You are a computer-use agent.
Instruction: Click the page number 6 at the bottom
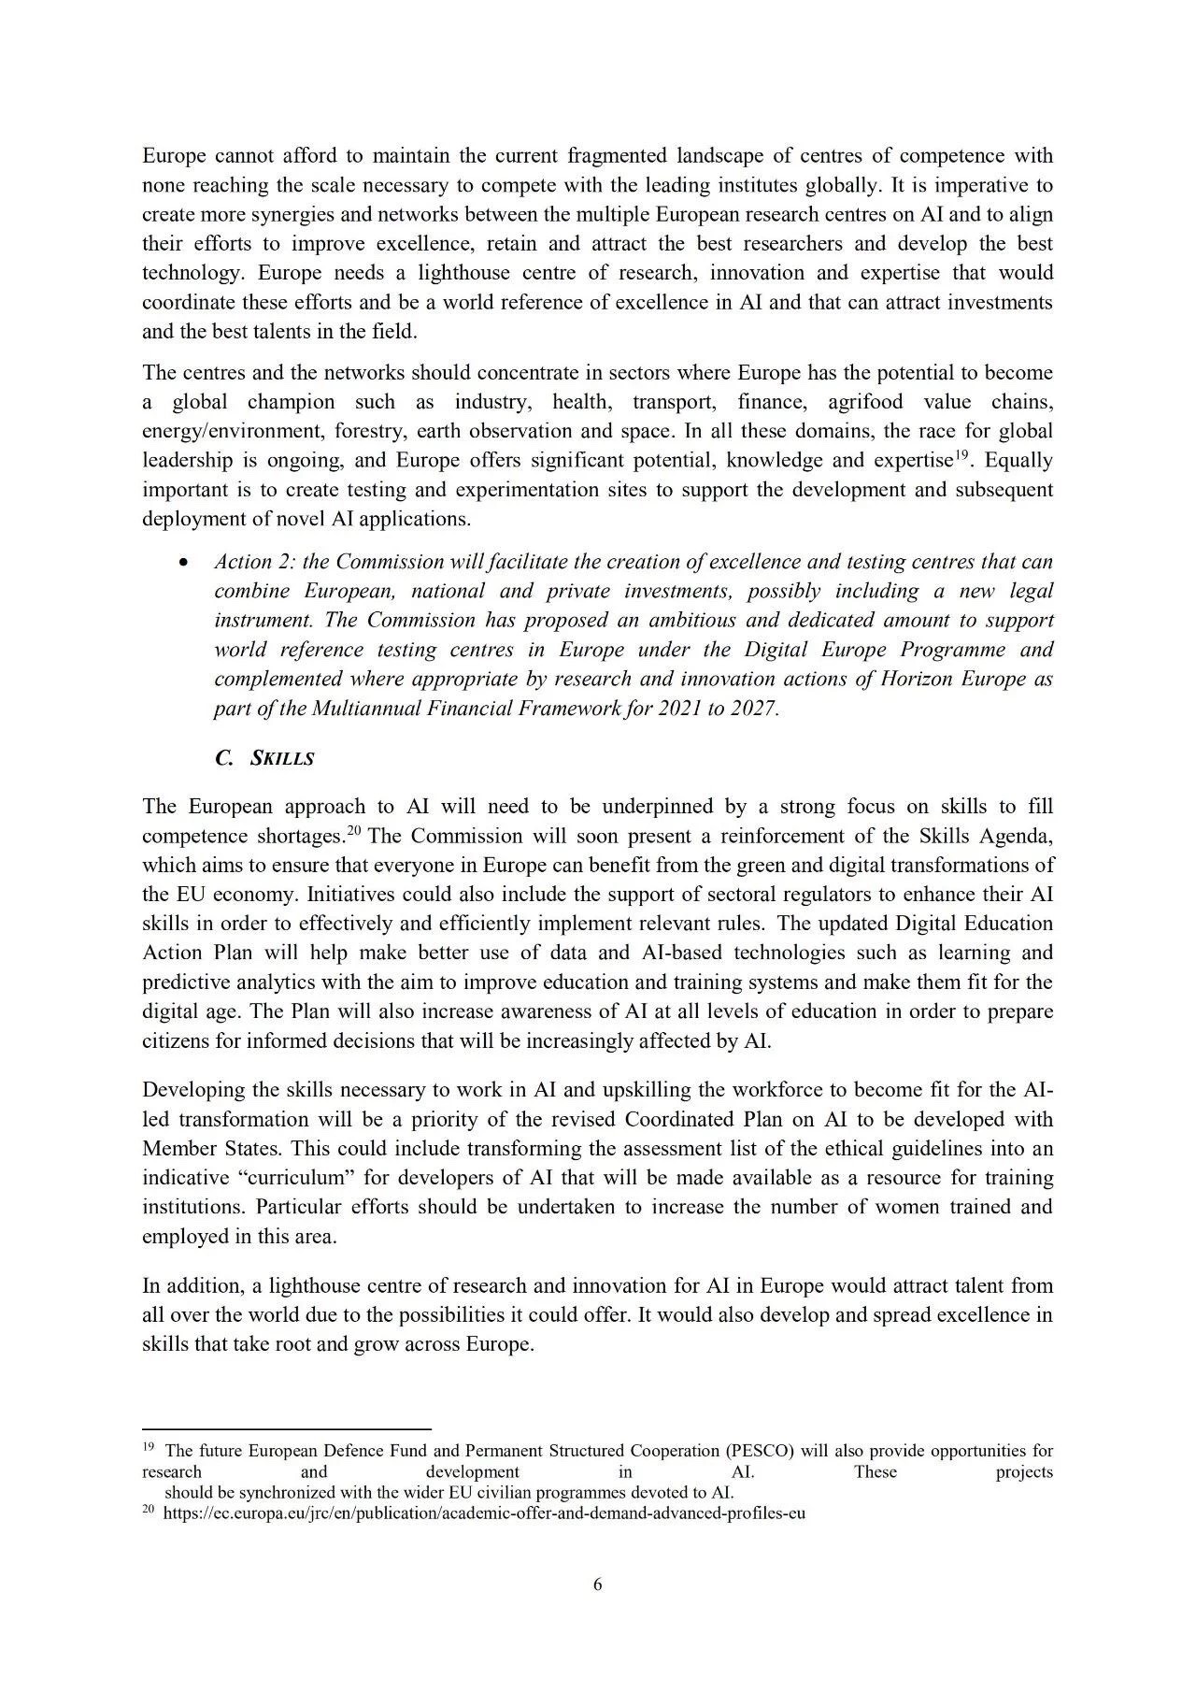point(598,1584)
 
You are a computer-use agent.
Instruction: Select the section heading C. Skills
point(264,758)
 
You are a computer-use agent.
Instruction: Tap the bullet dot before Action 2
point(184,564)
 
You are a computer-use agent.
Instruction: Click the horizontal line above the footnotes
point(286,1428)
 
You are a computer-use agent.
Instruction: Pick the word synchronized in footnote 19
point(283,1493)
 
